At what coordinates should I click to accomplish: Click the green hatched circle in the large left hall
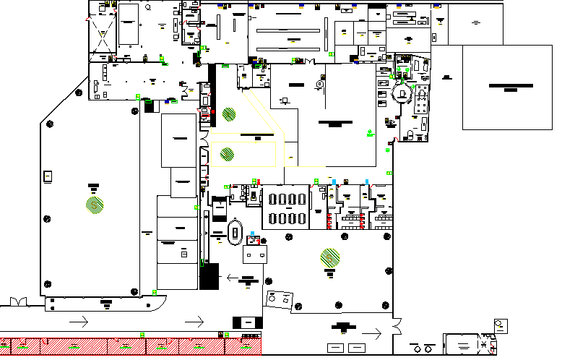click(x=95, y=204)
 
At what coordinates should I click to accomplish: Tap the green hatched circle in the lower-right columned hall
click(x=330, y=256)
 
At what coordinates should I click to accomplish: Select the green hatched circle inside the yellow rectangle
click(x=227, y=153)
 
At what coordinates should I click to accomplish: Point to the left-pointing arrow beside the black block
click(x=233, y=276)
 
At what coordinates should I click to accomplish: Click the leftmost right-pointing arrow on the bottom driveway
click(x=79, y=320)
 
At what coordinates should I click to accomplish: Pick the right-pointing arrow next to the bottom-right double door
click(x=376, y=333)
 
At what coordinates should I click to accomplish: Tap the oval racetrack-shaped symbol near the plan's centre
click(x=235, y=231)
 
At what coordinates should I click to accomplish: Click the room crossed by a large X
click(x=102, y=33)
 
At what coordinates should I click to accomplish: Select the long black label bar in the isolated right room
click(x=511, y=85)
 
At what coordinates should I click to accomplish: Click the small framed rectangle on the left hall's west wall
click(x=48, y=176)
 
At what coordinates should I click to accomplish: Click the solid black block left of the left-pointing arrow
click(x=209, y=277)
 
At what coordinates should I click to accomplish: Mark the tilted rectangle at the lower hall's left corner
click(x=281, y=299)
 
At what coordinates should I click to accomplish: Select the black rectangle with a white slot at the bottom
click(x=247, y=322)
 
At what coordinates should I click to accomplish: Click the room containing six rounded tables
click(x=285, y=207)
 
